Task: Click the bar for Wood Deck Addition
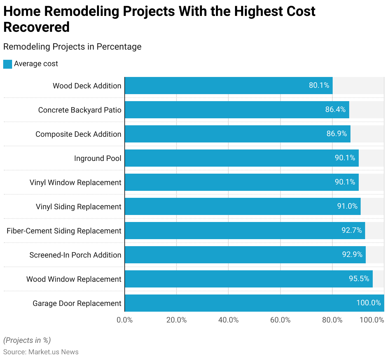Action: (228, 86)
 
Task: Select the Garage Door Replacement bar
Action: (254, 303)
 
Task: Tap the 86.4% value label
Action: (335, 109)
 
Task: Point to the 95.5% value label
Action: (359, 279)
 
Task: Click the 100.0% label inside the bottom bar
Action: (368, 303)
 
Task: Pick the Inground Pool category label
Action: (98, 158)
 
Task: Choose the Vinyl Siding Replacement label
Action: (79, 207)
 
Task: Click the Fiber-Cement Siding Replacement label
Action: (64, 231)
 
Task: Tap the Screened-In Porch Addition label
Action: (75, 255)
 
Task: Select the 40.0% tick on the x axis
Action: (228, 320)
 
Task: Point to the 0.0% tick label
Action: (125, 320)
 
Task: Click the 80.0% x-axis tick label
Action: (332, 320)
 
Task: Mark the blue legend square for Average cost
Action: (8, 64)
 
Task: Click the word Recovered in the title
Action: (37, 27)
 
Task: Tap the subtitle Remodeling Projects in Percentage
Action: (72, 47)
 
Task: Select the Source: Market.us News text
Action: (41, 352)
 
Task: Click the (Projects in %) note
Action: (27, 340)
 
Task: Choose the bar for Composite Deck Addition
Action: (237, 134)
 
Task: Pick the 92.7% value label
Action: (351, 230)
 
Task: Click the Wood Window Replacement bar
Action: (248, 279)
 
